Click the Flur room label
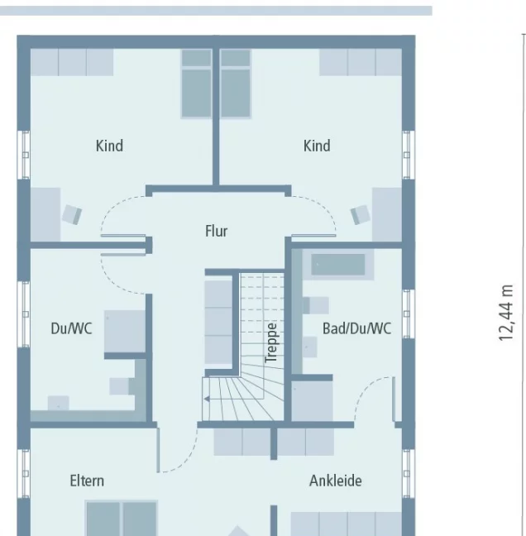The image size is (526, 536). point(217,232)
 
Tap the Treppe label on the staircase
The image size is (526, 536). point(271,342)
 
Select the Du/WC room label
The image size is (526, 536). point(71,328)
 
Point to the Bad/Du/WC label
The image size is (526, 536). point(356,328)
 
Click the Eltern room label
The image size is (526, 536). point(87,481)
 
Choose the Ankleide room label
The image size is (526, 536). point(336,481)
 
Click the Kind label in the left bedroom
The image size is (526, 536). point(109,146)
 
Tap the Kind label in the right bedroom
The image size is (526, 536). point(317,146)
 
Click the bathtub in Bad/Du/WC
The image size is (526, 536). point(337,266)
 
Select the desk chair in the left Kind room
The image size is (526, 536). point(72,214)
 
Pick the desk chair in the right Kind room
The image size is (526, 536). point(360,214)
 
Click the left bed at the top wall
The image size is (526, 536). point(197,83)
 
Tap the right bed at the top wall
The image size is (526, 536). point(235,83)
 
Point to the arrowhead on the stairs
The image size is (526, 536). point(206,400)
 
